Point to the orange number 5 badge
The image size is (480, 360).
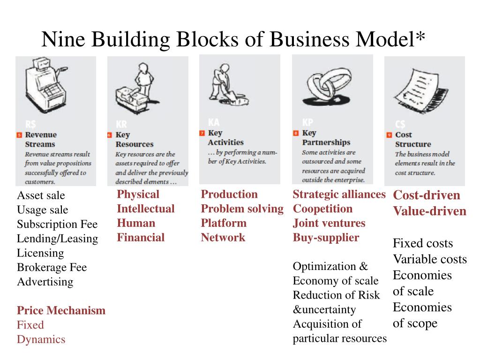point(19,135)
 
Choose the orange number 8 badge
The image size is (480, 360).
point(296,133)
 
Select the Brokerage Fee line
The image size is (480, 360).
point(52,268)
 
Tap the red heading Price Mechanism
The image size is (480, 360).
point(61,310)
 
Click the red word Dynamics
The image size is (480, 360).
point(41,339)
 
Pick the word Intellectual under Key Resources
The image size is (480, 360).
point(145,209)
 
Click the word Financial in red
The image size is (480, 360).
point(141,238)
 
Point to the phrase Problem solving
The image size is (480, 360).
point(242,209)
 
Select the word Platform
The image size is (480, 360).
point(223,223)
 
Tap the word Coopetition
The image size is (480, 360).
point(322,209)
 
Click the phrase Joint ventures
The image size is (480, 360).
point(329,223)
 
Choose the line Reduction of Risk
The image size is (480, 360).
point(336,295)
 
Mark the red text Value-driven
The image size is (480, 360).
point(429,211)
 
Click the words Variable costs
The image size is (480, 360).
point(429,259)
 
